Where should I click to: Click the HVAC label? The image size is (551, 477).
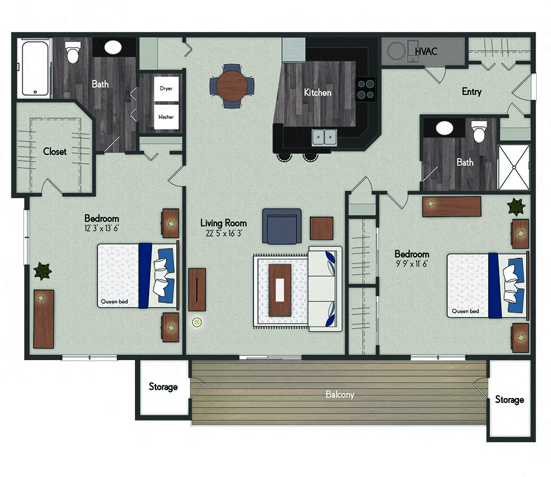pos(426,51)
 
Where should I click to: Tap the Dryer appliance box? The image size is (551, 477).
pos(166,88)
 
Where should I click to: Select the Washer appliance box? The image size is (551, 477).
pos(166,116)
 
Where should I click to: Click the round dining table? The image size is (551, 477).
pos(232,85)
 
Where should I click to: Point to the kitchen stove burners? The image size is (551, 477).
pos(365,89)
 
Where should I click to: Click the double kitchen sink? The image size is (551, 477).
pos(325,136)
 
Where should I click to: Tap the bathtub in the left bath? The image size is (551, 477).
pos(35,68)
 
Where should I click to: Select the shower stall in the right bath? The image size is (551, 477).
pos(514,167)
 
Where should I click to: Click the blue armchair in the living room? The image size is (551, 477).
pos(282,226)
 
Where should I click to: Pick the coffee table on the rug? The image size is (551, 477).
pos(280,290)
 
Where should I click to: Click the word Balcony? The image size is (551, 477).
pos(339,394)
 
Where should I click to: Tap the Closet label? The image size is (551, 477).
pos(55,151)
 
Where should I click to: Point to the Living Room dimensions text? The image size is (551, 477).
pos(223,233)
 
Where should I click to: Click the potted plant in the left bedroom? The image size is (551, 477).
pos(42,271)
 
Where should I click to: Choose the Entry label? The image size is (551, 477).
pos(471,92)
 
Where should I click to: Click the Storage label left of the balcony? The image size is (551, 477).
pos(163,387)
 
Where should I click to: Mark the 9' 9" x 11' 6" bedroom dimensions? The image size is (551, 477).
pos(411,264)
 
